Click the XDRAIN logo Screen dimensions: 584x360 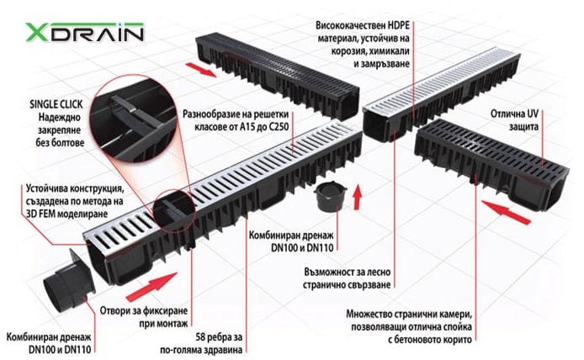pos(84,33)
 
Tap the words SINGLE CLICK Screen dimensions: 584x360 pos(56,104)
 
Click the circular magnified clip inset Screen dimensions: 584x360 pos(134,119)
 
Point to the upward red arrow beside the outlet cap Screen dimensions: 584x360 pos(357,197)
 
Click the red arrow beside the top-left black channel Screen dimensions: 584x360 pos(201,70)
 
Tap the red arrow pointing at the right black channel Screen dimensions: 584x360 pos(506,212)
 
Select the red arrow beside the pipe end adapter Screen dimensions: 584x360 pos(151,287)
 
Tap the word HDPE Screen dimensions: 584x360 pos(399,25)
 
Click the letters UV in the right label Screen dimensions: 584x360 pos(533,114)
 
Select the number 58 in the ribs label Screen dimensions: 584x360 pos(201,337)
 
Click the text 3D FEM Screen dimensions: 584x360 pos(43,214)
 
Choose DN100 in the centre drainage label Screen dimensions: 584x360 pos(285,247)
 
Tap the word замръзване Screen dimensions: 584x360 pos(386,64)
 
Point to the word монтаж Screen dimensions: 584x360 pos(174,324)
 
